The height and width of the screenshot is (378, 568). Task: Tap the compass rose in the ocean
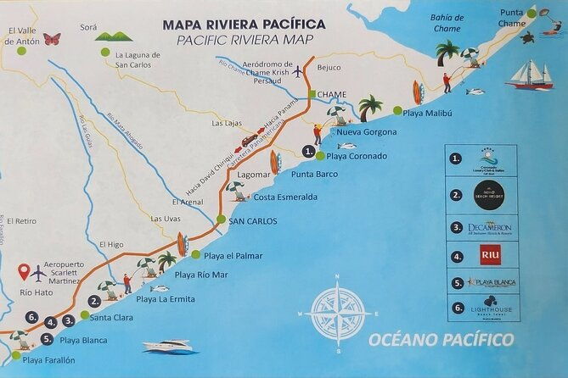(x=337, y=311)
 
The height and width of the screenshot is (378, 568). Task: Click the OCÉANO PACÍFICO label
(x=441, y=340)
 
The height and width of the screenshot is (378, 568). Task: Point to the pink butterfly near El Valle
(x=52, y=38)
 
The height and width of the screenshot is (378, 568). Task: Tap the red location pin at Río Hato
(x=23, y=272)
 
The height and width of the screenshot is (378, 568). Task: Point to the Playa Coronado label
(x=357, y=156)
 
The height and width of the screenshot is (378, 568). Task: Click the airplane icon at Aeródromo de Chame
(x=297, y=71)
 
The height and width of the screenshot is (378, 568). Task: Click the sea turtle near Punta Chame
(x=527, y=38)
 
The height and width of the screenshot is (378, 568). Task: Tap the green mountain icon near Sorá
(x=113, y=36)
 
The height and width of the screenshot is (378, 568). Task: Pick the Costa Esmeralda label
(x=285, y=197)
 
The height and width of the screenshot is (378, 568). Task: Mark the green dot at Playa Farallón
(x=15, y=355)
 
